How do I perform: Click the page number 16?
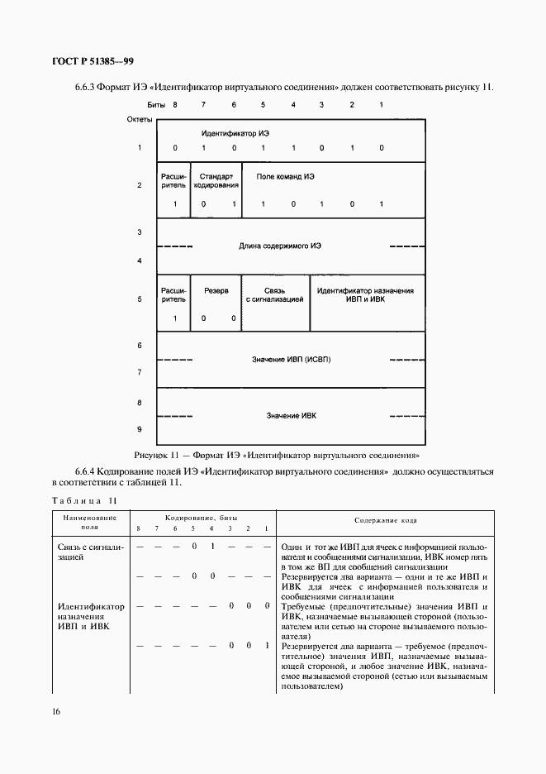[55, 710]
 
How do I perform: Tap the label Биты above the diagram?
[156, 105]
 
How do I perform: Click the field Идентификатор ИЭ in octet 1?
[235, 133]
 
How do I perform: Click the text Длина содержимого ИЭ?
[280, 246]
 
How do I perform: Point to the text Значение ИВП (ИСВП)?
[291, 360]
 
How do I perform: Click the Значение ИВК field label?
[291, 415]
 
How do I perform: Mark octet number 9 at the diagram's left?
[140, 429]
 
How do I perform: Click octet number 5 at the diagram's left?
[140, 299]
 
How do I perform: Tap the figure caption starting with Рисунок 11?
[282, 455]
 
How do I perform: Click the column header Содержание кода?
[386, 520]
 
